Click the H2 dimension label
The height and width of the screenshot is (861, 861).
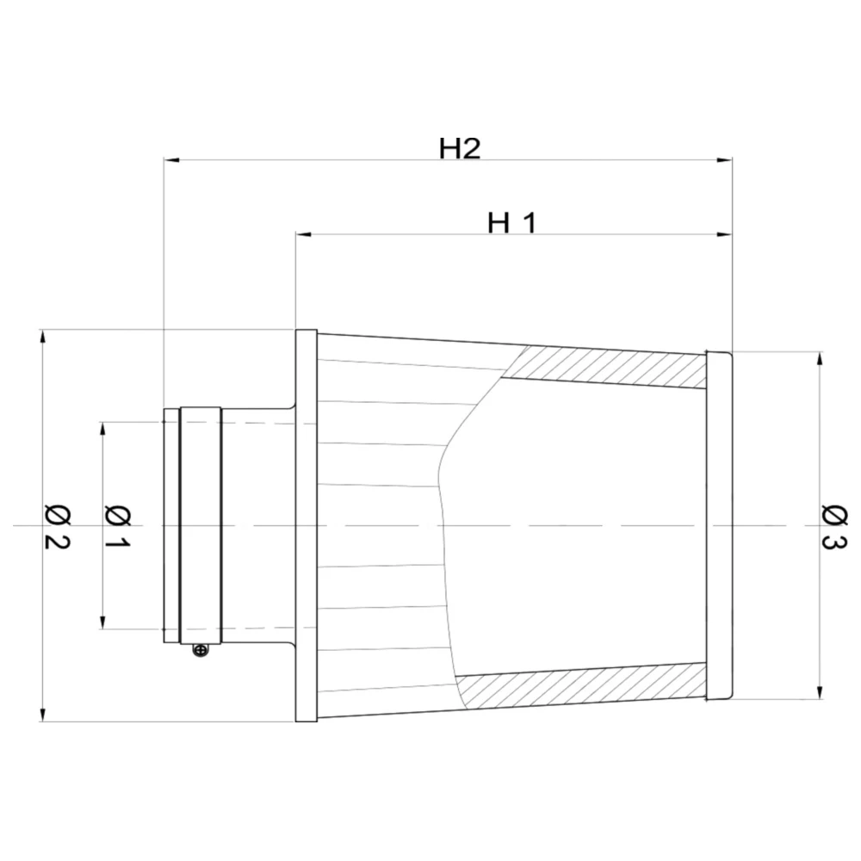(459, 148)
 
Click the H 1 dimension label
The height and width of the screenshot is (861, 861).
(512, 223)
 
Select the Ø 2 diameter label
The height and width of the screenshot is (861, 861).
(57, 526)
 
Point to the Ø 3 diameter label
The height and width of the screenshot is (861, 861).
(834, 526)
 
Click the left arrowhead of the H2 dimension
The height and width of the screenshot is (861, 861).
(170, 160)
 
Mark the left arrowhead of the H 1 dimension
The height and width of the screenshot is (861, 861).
(302, 234)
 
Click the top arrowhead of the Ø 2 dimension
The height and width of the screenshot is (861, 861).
(42, 337)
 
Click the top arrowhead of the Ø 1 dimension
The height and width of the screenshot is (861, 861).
(103, 429)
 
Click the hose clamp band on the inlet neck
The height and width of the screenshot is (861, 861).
(200, 525)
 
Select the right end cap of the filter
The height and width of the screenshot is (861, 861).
(718, 525)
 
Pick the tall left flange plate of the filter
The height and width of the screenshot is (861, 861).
(307, 525)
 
